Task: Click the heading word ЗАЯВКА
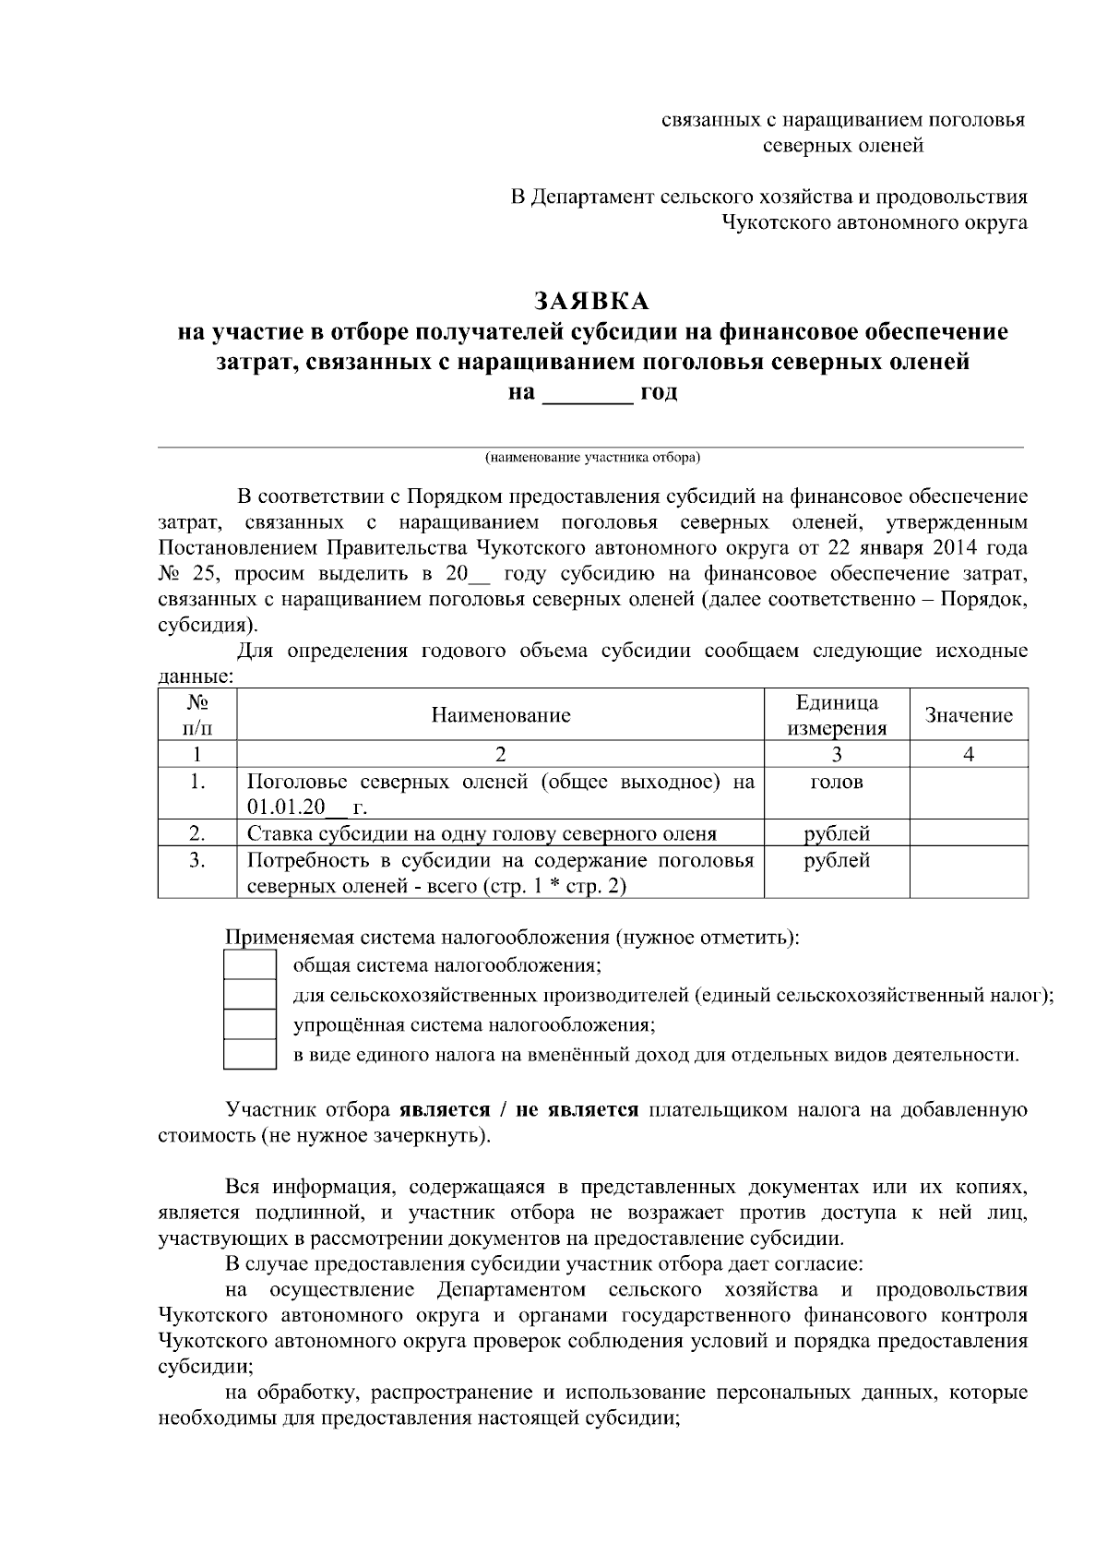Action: coord(592,302)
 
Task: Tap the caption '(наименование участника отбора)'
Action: coord(593,457)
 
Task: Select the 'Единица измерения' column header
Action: coord(837,715)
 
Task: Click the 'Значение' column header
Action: coord(969,715)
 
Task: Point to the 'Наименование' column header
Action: coord(501,715)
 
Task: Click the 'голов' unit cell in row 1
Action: coord(837,783)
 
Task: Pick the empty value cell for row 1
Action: coord(969,794)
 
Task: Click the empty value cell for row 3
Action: coord(969,872)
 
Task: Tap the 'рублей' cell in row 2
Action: coord(837,834)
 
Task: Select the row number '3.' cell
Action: coord(196,860)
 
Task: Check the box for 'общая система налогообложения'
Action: coord(250,966)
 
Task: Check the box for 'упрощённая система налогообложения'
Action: coord(250,1024)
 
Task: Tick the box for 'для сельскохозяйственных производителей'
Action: coord(250,995)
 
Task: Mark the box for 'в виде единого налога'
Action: coord(250,1054)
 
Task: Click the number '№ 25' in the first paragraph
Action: coord(185,574)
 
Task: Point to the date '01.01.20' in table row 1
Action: coord(286,808)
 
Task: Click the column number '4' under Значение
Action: coord(969,755)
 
